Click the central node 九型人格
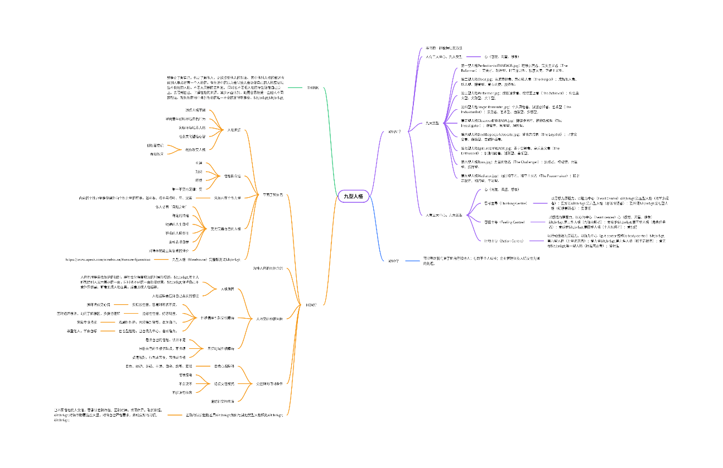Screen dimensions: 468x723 click(x=353, y=196)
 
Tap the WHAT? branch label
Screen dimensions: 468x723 click(x=394, y=131)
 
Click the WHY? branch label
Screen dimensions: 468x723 click(x=393, y=261)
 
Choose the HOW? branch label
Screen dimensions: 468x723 click(x=311, y=305)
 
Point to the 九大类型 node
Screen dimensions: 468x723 click(x=432, y=123)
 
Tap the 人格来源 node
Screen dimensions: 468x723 click(x=234, y=130)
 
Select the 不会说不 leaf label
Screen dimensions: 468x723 click(x=186, y=383)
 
